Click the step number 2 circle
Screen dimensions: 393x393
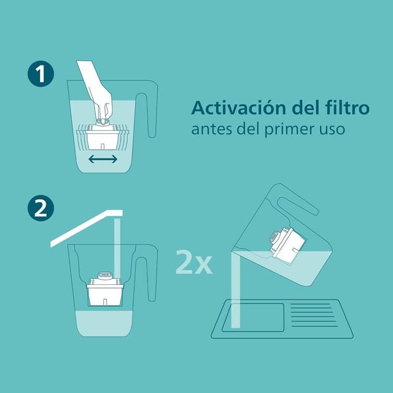pos(41,208)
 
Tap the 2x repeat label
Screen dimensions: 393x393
pos(193,262)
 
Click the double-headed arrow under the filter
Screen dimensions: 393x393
pos(103,160)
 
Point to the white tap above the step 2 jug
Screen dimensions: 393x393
pos(86,227)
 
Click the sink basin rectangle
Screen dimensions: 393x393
pos(252,317)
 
